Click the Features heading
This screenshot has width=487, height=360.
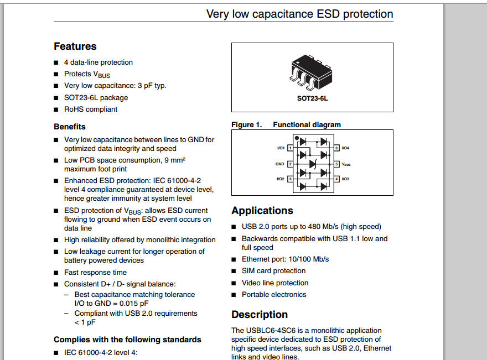(x=75, y=46)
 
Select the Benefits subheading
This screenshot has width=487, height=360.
(x=70, y=127)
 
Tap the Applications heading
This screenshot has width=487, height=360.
(x=262, y=211)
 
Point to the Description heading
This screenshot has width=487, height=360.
(x=260, y=315)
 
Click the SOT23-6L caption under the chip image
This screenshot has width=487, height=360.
(x=312, y=98)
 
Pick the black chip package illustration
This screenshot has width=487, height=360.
(x=312, y=72)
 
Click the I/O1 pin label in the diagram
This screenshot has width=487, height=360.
(x=281, y=148)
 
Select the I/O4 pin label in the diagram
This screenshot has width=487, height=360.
(x=345, y=148)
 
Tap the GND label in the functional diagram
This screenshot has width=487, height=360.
(x=280, y=164)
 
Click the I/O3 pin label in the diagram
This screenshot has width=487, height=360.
(x=345, y=179)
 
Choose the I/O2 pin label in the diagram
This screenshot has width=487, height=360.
(x=281, y=179)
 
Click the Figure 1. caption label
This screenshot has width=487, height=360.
(x=246, y=125)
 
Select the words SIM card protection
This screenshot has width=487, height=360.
(x=273, y=271)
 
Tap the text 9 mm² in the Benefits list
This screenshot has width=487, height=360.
(x=172, y=160)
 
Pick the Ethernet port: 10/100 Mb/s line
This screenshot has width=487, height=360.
(x=285, y=259)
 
